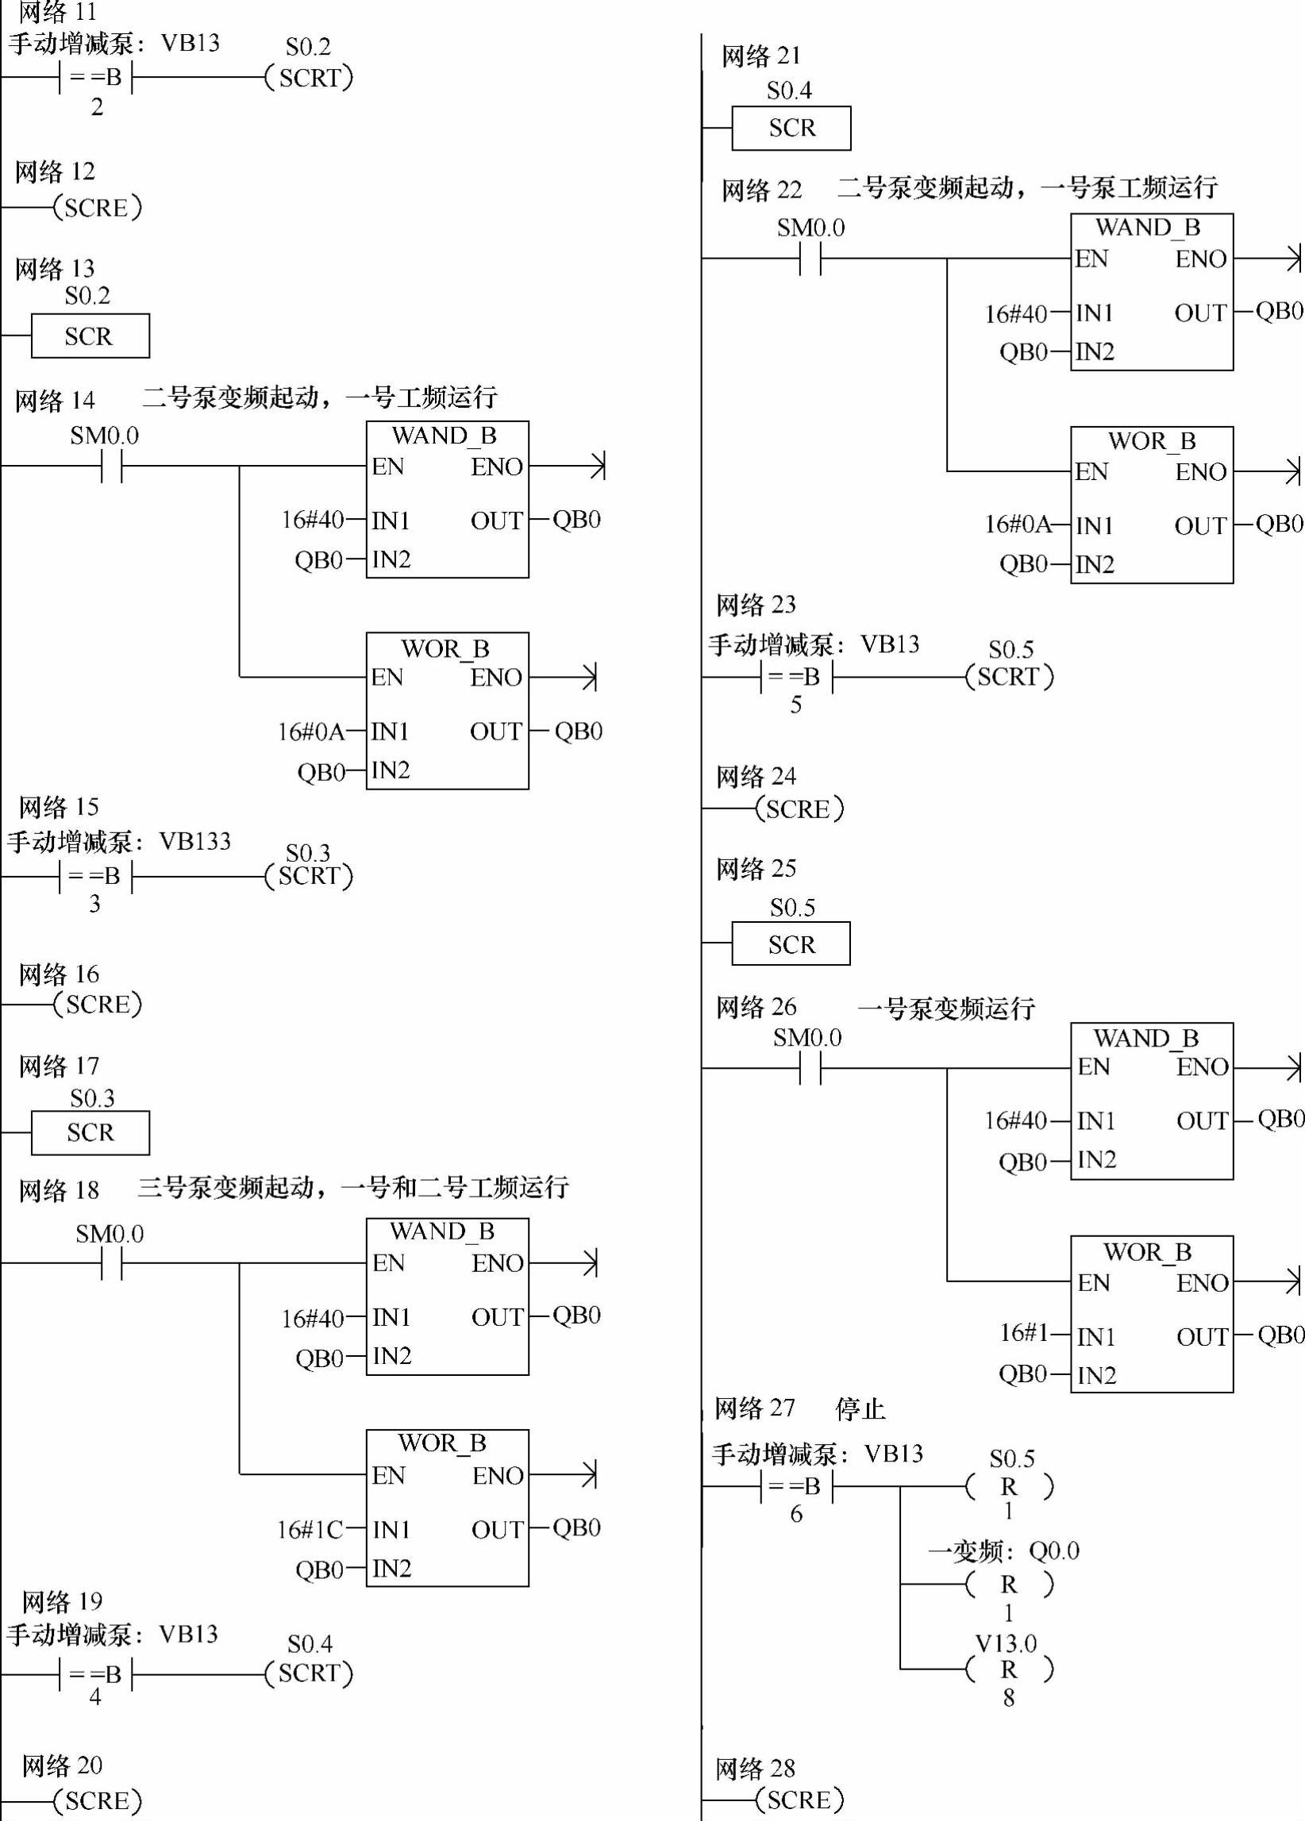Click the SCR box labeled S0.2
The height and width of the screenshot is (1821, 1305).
click(x=90, y=336)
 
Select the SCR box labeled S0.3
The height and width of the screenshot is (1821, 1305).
click(x=90, y=1132)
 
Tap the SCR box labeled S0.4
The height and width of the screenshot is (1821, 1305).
click(x=791, y=128)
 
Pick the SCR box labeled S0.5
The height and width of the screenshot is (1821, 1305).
click(x=791, y=943)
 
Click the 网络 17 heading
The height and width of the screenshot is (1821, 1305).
click(x=59, y=1066)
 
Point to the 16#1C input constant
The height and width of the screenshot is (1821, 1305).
click(x=310, y=1530)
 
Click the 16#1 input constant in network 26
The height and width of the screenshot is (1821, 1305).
click(x=1024, y=1332)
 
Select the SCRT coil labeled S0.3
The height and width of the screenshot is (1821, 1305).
click(x=310, y=876)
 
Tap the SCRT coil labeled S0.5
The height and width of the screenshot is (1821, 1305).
click(x=1010, y=677)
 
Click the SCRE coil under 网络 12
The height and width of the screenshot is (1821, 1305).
click(x=97, y=208)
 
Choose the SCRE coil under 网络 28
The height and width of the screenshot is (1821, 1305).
click(x=799, y=1800)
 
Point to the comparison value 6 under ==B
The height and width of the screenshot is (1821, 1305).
click(x=796, y=1513)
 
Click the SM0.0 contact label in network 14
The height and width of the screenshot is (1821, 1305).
click(x=105, y=436)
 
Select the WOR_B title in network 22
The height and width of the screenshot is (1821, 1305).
click(x=1152, y=441)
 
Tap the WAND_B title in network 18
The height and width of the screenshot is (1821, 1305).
click(x=442, y=1231)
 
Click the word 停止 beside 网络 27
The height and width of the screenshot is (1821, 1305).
click(x=860, y=1408)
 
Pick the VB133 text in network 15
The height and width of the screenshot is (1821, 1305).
click(x=195, y=841)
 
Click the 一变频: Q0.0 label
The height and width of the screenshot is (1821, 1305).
click(x=1003, y=1551)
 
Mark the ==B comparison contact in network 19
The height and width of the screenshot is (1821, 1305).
click(x=95, y=1674)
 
